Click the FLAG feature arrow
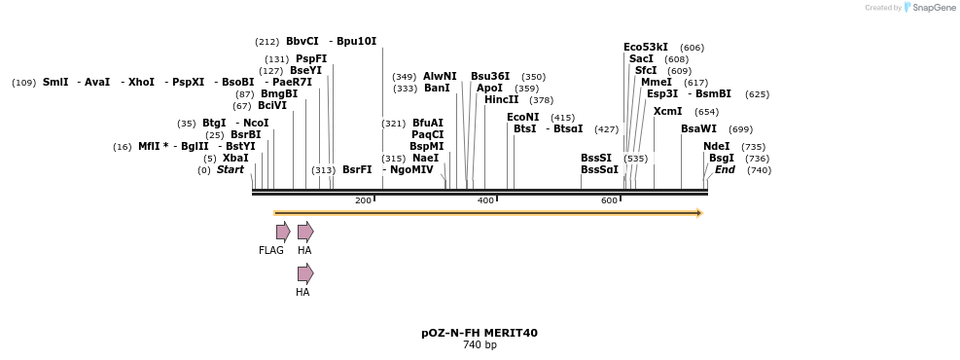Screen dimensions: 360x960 pyautogui.click(x=283, y=232)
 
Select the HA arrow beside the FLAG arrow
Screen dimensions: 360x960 pyautogui.click(x=305, y=232)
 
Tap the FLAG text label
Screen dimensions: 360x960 pyautogui.click(x=271, y=251)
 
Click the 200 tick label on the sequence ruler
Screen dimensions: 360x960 pyautogui.click(x=363, y=200)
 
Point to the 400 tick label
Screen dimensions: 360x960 pyautogui.click(x=485, y=200)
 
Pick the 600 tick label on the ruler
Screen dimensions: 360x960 pyautogui.click(x=609, y=200)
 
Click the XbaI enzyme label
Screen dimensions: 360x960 pyautogui.click(x=235, y=158)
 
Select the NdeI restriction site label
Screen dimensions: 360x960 pyautogui.click(x=716, y=146)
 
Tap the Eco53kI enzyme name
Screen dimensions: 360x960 pyautogui.click(x=646, y=47)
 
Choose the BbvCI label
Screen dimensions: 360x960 pyautogui.click(x=302, y=41)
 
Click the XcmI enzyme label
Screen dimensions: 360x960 pyautogui.click(x=667, y=111)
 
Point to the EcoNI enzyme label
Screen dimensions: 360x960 pyautogui.click(x=522, y=117)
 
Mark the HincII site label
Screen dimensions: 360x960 pyautogui.click(x=501, y=99)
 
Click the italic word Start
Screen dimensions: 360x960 pyautogui.click(x=230, y=169)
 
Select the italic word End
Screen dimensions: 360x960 pyautogui.click(x=725, y=169)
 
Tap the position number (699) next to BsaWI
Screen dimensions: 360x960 pyautogui.click(x=740, y=129)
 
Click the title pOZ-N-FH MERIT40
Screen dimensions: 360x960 pyautogui.click(x=480, y=333)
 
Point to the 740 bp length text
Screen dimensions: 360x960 pyautogui.click(x=480, y=345)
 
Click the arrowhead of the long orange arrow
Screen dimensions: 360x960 pyautogui.click(x=698, y=213)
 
